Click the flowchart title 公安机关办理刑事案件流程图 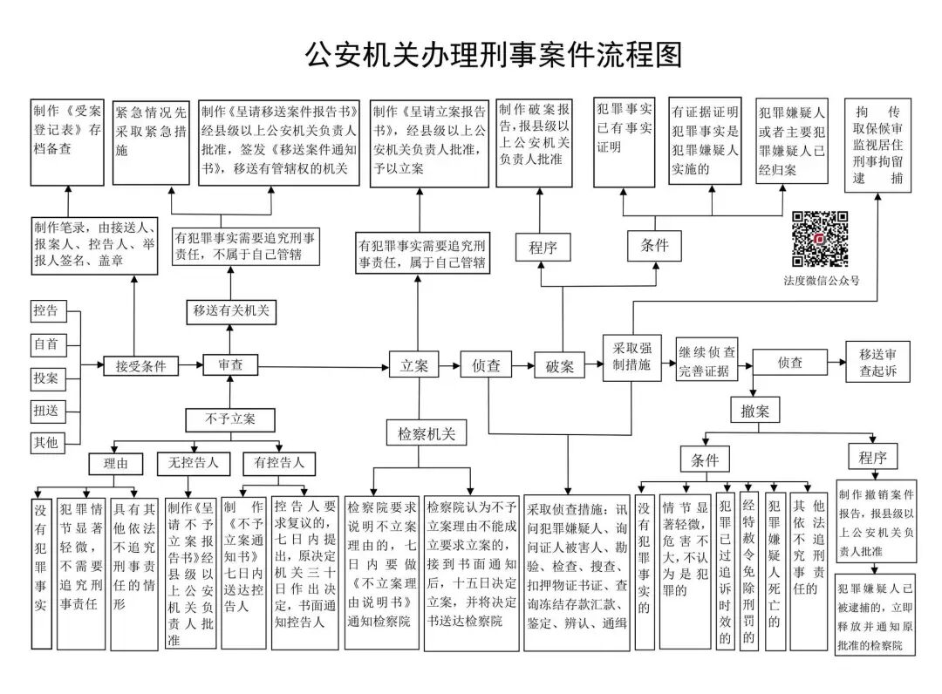(x=493, y=54)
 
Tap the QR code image (x=820, y=238)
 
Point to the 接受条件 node (x=140, y=366)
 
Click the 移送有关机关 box (x=230, y=311)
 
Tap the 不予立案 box (x=230, y=418)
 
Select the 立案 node (x=414, y=366)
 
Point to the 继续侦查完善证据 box (x=706, y=362)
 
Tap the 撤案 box (x=754, y=410)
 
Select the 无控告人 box (x=188, y=462)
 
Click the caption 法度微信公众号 (x=820, y=280)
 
